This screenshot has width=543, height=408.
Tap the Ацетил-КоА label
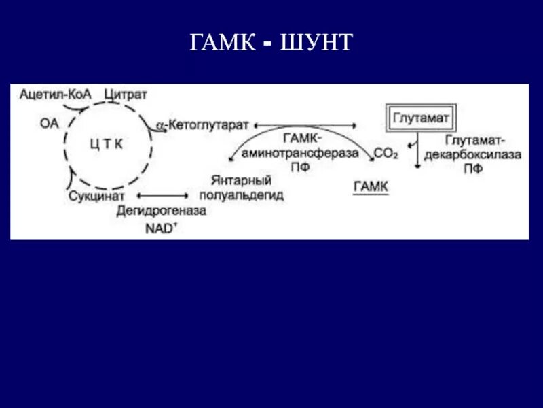pyautogui.click(x=52, y=94)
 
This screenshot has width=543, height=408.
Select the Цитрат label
pyautogui.click(x=126, y=94)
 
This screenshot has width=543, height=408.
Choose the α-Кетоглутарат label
pyautogui.click(x=203, y=126)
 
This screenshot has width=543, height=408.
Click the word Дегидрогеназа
pyautogui.click(x=161, y=211)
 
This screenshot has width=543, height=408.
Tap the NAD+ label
pyautogui.click(x=161, y=228)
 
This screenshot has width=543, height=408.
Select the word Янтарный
pyautogui.click(x=242, y=181)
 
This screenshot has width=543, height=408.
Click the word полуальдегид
pyautogui.click(x=242, y=195)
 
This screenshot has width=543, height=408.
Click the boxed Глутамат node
pyautogui.click(x=421, y=118)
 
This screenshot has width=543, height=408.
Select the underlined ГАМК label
pyautogui.click(x=371, y=186)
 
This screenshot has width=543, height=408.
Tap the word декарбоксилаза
pyautogui.click(x=472, y=154)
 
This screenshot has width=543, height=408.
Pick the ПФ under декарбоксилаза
pyautogui.click(x=473, y=169)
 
